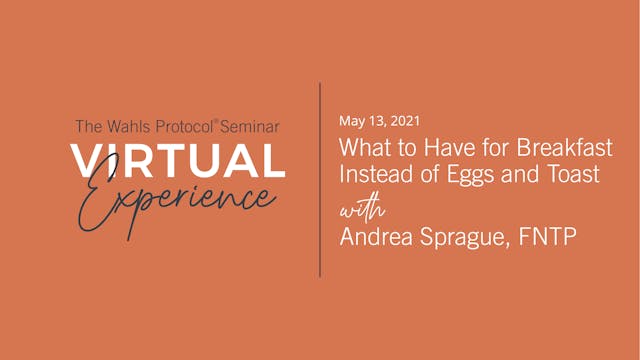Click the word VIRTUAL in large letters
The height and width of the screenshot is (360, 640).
coord(178,161)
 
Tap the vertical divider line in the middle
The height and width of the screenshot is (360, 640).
coord(320,180)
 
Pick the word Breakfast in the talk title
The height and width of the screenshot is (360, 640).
coord(567,149)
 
